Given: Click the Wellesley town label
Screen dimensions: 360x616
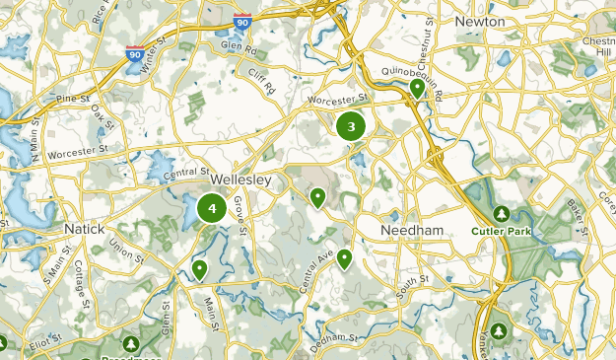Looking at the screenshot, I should click(241, 181).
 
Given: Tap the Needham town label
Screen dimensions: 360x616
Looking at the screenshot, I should click(412, 229).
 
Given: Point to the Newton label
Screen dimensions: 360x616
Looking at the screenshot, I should click(480, 21).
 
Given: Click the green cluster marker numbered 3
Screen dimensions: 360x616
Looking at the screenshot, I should click(351, 126).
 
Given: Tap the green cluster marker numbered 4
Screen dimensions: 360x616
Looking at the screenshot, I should click(212, 208).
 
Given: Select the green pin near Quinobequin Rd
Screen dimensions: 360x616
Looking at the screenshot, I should click(417, 88).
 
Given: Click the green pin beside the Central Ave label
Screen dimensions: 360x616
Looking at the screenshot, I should click(344, 258).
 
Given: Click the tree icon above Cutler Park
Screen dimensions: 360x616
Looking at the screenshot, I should click(502, 213).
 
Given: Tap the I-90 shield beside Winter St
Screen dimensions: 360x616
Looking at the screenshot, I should click(135, 56).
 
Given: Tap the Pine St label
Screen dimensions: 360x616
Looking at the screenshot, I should click(72, 100).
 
